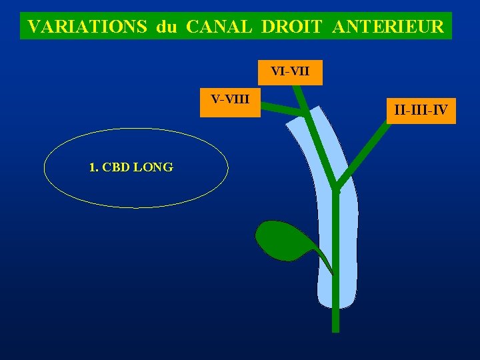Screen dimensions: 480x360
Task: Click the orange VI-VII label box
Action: (290, 72)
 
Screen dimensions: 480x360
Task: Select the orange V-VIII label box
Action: (230, 103)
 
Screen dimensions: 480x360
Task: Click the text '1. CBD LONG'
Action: (131, 167)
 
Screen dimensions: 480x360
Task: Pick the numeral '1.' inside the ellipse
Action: (93, 167)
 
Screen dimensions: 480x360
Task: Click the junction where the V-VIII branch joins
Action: (305, 114)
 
